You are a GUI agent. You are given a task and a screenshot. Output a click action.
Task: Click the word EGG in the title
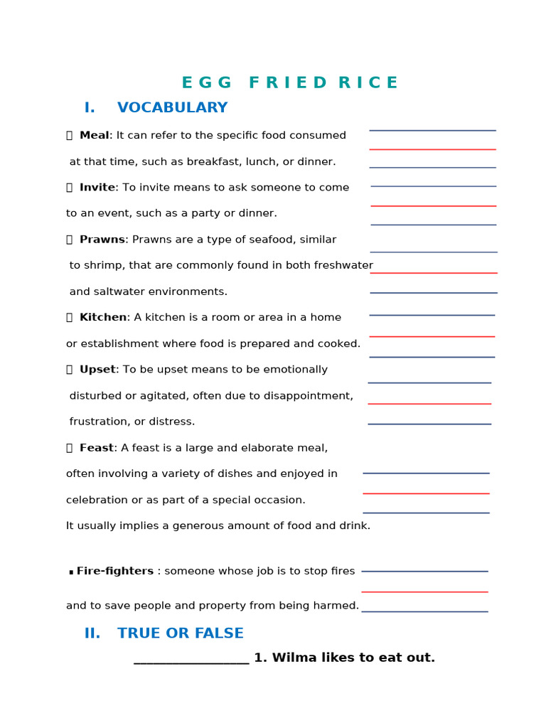[206, 83]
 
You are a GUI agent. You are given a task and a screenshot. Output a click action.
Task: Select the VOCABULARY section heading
[172, 108]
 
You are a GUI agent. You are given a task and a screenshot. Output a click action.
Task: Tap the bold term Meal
[94, 136]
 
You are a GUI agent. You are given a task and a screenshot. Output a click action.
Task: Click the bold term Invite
[97, 188]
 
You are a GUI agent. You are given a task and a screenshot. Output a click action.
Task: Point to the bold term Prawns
[102, 240]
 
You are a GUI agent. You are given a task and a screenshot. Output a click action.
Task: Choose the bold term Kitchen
[102, 318]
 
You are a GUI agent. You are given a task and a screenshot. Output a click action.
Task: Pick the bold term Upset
[97, 370]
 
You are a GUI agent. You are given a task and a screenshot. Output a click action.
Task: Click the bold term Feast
[96, 448]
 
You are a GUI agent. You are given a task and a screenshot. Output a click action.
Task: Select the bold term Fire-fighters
[114, 572]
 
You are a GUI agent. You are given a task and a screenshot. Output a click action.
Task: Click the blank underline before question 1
[191, 661]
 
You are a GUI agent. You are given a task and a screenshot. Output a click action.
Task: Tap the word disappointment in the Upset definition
[307, 396]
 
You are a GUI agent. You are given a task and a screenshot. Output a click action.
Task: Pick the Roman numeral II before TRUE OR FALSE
[92, 633]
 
